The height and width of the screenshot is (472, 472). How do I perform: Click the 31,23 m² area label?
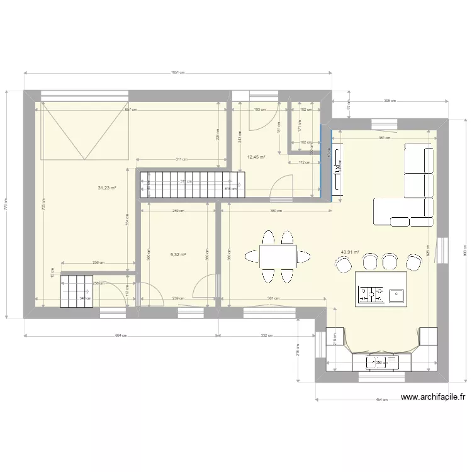[x=107, y=188]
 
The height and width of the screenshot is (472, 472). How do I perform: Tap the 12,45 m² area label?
[x=256, y=157]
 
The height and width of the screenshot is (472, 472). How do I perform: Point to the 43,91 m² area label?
[x=350, y=252]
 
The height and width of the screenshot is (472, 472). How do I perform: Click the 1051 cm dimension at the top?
[x=178, y=72]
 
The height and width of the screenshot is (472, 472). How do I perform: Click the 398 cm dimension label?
[x=389, y=101]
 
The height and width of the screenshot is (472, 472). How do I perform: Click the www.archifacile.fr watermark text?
[x=432, y=397]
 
